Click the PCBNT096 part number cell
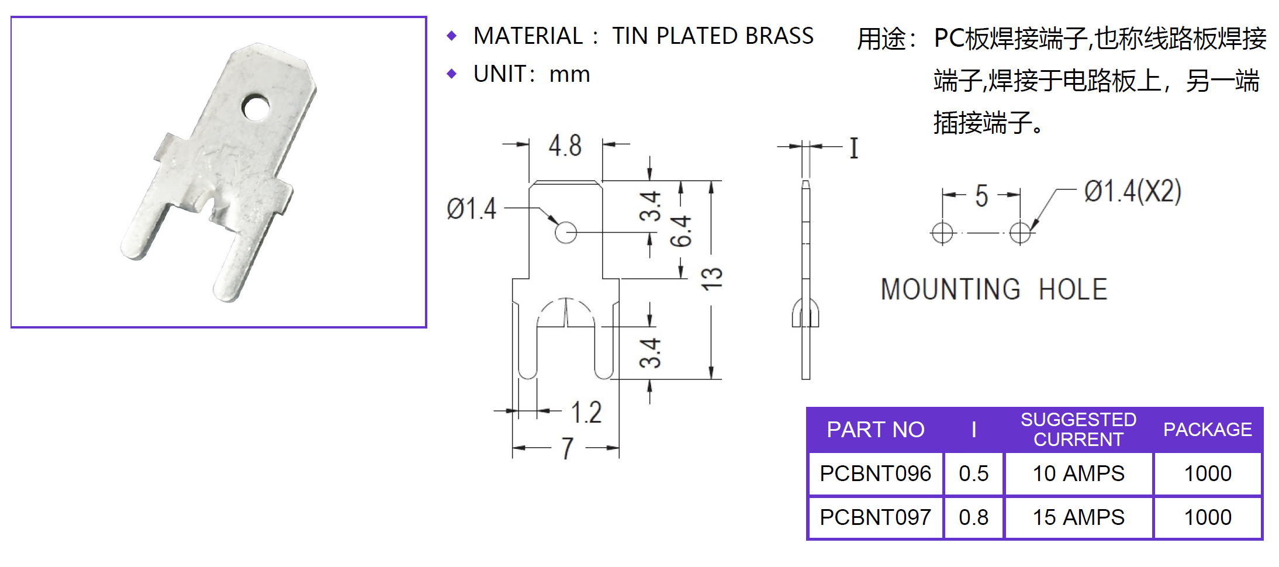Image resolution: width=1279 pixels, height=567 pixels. coord(875,473)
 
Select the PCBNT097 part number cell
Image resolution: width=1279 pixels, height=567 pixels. coord(875,517)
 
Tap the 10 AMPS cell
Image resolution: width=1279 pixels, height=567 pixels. coord(1078,473)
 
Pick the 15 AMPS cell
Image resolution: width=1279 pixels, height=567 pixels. coord(1078,517)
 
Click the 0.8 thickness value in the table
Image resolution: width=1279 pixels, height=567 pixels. coord(973,517)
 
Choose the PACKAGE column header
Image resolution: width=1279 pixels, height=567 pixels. coord(1207,430)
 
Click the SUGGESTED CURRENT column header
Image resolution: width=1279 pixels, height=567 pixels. coord(1078,430)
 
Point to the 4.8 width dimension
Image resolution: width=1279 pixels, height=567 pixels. coord(565,146)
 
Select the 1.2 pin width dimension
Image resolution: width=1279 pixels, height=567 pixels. coord(586,412)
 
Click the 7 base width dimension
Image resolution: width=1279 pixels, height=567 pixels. coord(567,448)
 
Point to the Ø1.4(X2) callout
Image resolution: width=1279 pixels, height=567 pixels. coord(1132,191)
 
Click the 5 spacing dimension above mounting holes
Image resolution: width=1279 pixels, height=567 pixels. coord(981,196)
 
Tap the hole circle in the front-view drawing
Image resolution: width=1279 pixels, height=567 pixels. coord(565,233)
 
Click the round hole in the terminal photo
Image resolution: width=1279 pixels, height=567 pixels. coord(256,107)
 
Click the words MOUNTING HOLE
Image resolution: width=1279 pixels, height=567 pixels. coord(994,289)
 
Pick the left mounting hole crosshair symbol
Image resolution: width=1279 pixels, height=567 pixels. coord(942,233)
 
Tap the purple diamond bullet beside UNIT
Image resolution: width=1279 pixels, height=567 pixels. coord(451,74)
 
